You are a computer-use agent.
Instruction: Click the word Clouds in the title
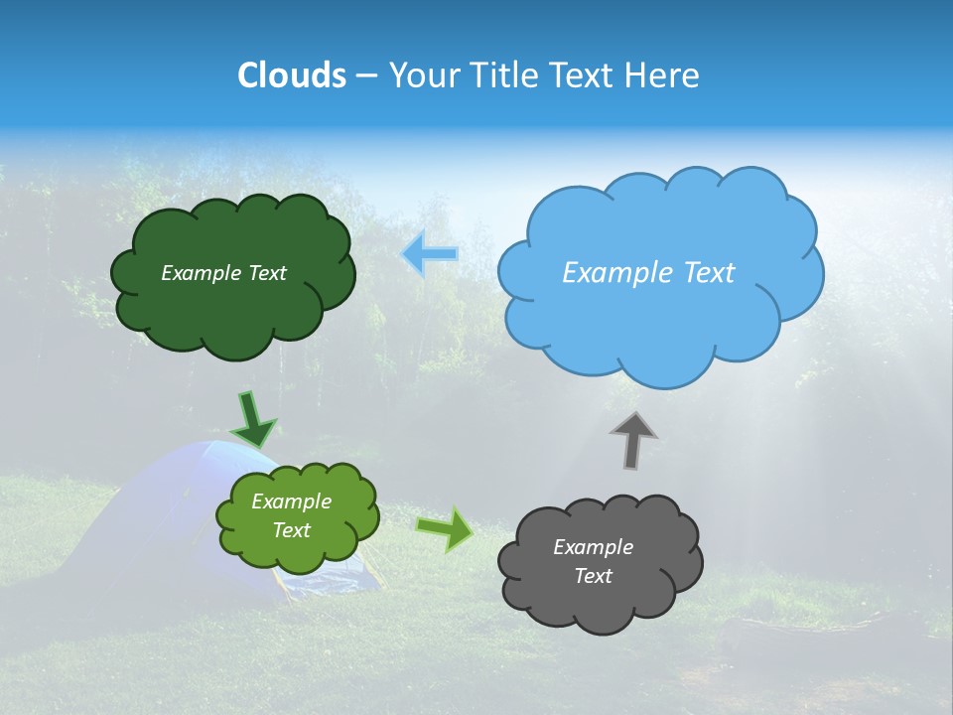[x=292, y=75]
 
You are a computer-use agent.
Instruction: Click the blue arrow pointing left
[x=431, y=254]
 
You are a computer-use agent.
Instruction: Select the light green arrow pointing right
[x=444, y=529]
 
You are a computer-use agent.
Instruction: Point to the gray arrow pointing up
[x=632, y=440]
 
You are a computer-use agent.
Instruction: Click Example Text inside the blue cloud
[x=648, y=273]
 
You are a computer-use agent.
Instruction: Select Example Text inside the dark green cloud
[x=223, y=273]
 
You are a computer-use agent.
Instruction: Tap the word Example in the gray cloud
[x=593, y=547]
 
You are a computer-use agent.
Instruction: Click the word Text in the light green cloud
[x=292, y=530]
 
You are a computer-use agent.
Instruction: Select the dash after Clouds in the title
[x=365, y=76]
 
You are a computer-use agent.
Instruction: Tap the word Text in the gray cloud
[x=593, y=576]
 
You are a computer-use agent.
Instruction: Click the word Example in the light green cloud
[x=292, y=501]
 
